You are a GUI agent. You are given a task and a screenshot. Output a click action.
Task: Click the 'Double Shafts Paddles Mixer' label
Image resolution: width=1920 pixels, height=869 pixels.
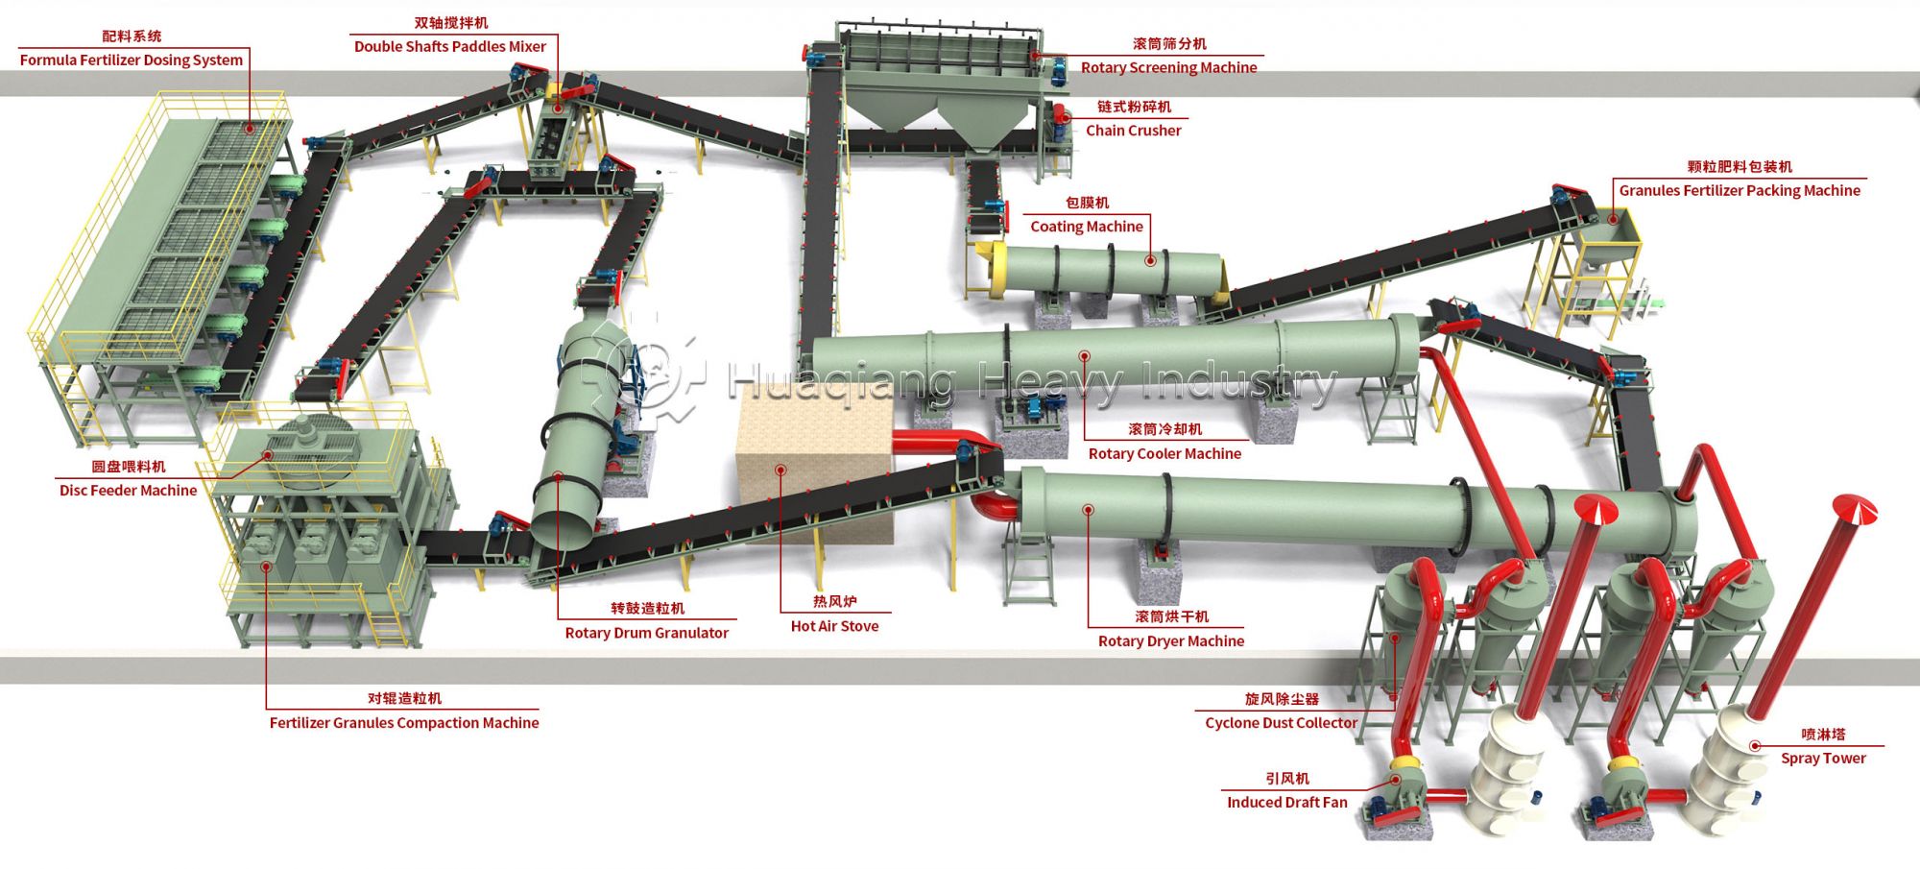pyautogui.click(x=449, y=46)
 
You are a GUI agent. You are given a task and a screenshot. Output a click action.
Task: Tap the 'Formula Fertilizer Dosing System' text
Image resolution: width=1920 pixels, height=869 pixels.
pyautogui.click(x=132, y=60)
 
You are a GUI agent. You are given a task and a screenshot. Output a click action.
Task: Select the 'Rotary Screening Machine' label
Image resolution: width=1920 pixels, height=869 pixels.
pyautogui.click(x=1168, y=67)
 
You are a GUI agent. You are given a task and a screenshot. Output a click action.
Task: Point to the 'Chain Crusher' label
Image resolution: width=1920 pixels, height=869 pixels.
pyautogui.click(x=1133, y=131)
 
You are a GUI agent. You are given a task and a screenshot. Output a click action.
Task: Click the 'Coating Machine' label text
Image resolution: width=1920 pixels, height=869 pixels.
pyautogui.click(x=1087, y=227)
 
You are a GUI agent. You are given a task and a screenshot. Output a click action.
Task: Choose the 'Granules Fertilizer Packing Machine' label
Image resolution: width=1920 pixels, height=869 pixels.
pyautogui.click(x=1740, y=190)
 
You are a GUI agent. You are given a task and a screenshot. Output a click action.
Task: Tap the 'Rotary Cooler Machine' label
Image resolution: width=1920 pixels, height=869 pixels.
pyautogui.click(x=1164, y=453)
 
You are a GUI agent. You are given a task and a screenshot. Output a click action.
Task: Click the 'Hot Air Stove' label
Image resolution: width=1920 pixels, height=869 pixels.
pyautogui.click(x=834, y=626)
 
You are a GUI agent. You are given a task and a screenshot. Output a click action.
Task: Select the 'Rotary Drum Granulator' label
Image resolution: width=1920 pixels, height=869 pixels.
pyautogui.click(x=646, y=633)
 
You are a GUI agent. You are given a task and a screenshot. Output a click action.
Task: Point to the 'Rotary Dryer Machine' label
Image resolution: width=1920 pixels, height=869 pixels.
pyautogui.click(x=1171, y=640)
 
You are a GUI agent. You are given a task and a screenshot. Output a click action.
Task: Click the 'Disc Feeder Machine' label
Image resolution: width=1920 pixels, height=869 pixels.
pyautogui.click(x=128, y=490)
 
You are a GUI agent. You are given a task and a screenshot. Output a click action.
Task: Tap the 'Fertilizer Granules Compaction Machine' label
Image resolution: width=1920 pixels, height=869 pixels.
pyautogui.click(x=404, y=722)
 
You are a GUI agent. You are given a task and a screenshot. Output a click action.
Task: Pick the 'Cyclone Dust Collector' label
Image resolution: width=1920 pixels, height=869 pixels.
pyautogui.click(x=1281, y=722)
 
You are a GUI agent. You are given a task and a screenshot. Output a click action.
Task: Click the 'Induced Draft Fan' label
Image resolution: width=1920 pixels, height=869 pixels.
pyautogui.click(x=1286, y=802)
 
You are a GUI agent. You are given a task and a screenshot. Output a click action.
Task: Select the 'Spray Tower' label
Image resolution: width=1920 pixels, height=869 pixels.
pyautogui.click(x=1823, y=758)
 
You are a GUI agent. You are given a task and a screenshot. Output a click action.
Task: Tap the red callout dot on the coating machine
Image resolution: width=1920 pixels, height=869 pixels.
pyautogui.click(x=1150, y=260)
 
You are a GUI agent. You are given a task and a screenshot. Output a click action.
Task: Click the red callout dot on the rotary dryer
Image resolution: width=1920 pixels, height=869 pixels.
pyautogui.click(x=1088, y=510)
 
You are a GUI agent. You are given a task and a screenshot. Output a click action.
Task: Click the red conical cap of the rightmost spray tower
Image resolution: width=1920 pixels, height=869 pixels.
pyautogui.click(x=1854, y=508)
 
